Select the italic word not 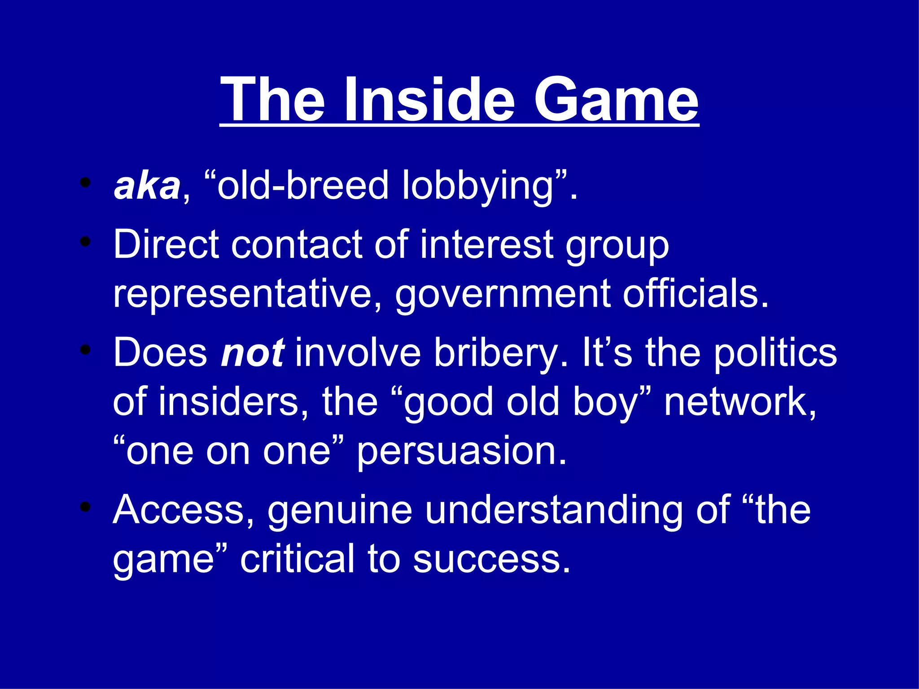[x=252, y=353]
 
